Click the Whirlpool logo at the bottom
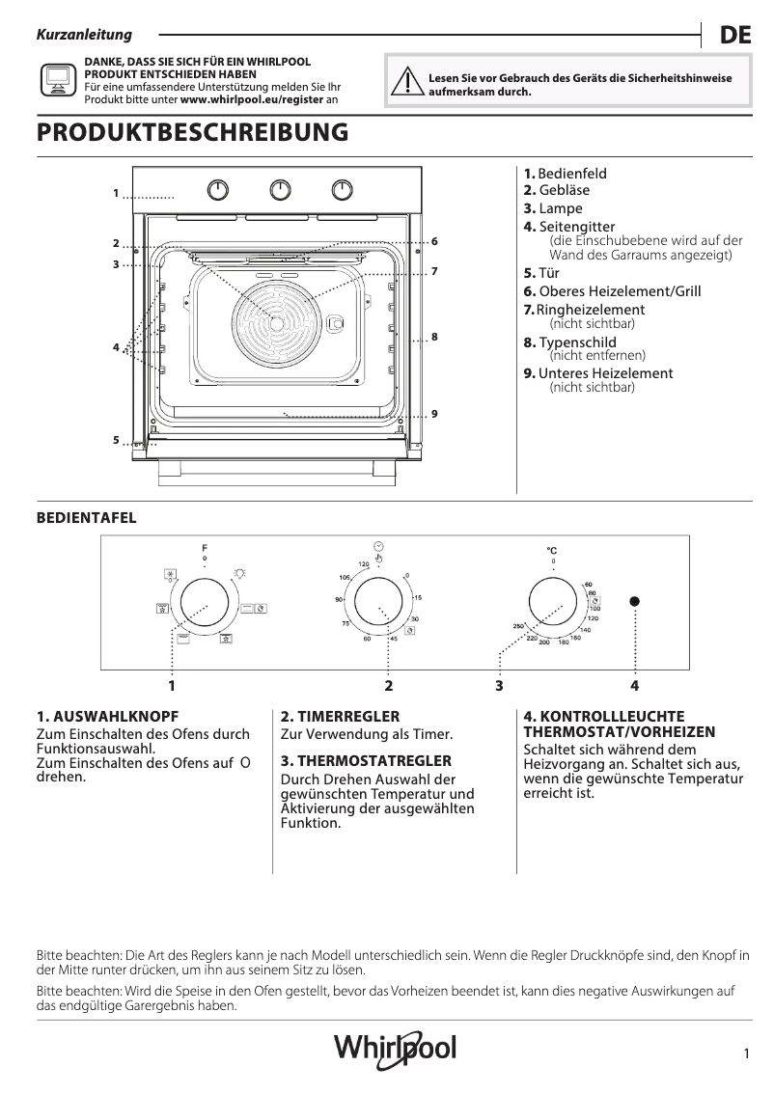click(x=395, y=1048)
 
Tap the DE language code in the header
click(x=735, y=36)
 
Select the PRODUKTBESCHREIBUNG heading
click(x=192, y=133)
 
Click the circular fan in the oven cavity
click(x=277, y=322)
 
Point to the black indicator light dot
click(x=635, y=601)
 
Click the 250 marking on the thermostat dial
click(x=518, y=628)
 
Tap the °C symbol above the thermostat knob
click(x=552, y=551)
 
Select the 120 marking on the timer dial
click(x=364, y=564)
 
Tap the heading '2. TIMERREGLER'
click(x=340, y=717)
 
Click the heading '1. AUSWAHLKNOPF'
click(x=107, y=717)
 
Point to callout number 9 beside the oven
click(x=435, y=414)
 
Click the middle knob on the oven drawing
click(x=280, y=190)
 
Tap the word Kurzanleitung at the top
click(x=83, y=36)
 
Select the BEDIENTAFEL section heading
click(x=86, y=518)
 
